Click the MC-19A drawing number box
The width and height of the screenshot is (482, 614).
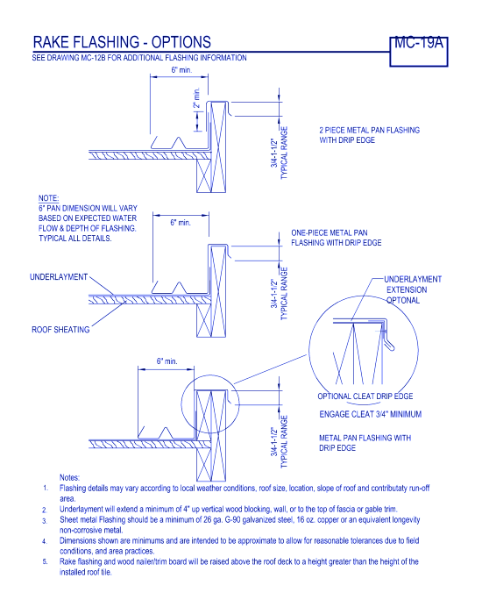pyautogui.click(x=419, y=52)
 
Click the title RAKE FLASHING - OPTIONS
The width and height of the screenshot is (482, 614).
pyautogui.click(x=122, y=42)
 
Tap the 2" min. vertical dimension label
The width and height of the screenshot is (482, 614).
pyautogui.click(x=197, y=97)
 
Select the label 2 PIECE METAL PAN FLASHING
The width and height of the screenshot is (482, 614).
pyautogui.click(x=369, y=130)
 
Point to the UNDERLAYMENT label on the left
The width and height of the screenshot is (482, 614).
pyautogui.click(x=59, y=277)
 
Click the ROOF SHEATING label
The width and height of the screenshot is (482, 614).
pyautogui.click(x=60, y=330)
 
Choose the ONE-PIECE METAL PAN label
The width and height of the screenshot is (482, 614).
pyautogui.click(x=329, y=232)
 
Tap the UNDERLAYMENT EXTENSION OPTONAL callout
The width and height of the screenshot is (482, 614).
pyautogui.click(x=413, y=289)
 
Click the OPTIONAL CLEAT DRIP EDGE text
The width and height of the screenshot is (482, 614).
pyautogui.click(x=365, y=396)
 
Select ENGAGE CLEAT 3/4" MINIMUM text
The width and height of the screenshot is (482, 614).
pyautogui.click(x=370, y=414)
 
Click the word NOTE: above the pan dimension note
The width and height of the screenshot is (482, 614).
pyautogui.click(x=48, y=198)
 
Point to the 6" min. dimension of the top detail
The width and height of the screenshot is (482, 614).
pyautogui.click(x=181, y=70)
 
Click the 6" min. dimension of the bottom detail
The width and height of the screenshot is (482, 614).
pyautogui.click(x=167, y=361)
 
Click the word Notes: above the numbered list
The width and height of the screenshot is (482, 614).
pyautogui.click(x=69, y=477)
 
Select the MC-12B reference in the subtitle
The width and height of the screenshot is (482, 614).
pyautogui.click(x=91, y=58)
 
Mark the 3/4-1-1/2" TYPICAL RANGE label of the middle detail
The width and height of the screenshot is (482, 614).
pyautogui.click(x=280, y=294)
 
